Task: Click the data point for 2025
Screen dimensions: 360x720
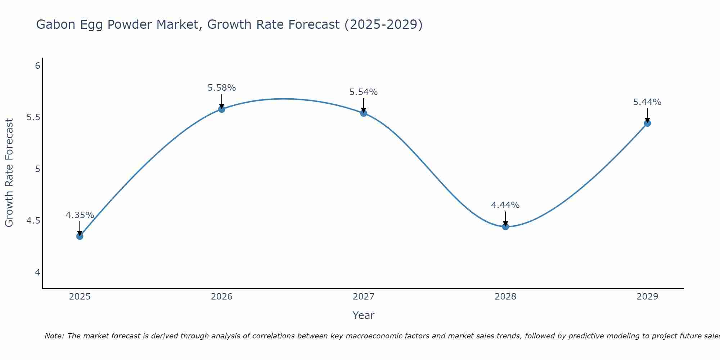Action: coord(80,236)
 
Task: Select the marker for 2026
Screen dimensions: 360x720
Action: coord(222,109)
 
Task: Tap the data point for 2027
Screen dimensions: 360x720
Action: coord(364,113)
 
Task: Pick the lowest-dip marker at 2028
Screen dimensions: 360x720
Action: coord(505,226)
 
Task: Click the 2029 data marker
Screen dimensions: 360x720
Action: coord(647,123)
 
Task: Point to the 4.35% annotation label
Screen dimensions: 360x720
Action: coord(80,215)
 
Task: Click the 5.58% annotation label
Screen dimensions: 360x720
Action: coord(222,88)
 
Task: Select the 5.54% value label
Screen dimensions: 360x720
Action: coord(364,92)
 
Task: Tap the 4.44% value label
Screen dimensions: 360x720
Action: coord(505,205)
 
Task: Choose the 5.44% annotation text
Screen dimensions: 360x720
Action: coord(647,102)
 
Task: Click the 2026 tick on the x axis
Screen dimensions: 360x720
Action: coord(222,297)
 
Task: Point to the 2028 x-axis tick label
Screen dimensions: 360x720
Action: coord(505,297)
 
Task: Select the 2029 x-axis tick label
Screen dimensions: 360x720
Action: coord(647,297)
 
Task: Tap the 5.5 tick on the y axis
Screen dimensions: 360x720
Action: coord(33,117)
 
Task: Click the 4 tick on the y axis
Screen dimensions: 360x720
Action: coord(37,272)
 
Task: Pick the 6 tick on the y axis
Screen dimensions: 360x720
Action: coord(37,66)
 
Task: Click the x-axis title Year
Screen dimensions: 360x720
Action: coord(364,315)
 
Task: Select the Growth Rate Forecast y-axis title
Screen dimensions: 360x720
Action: coord(9,173)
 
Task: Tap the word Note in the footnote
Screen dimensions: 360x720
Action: coord(54,336)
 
